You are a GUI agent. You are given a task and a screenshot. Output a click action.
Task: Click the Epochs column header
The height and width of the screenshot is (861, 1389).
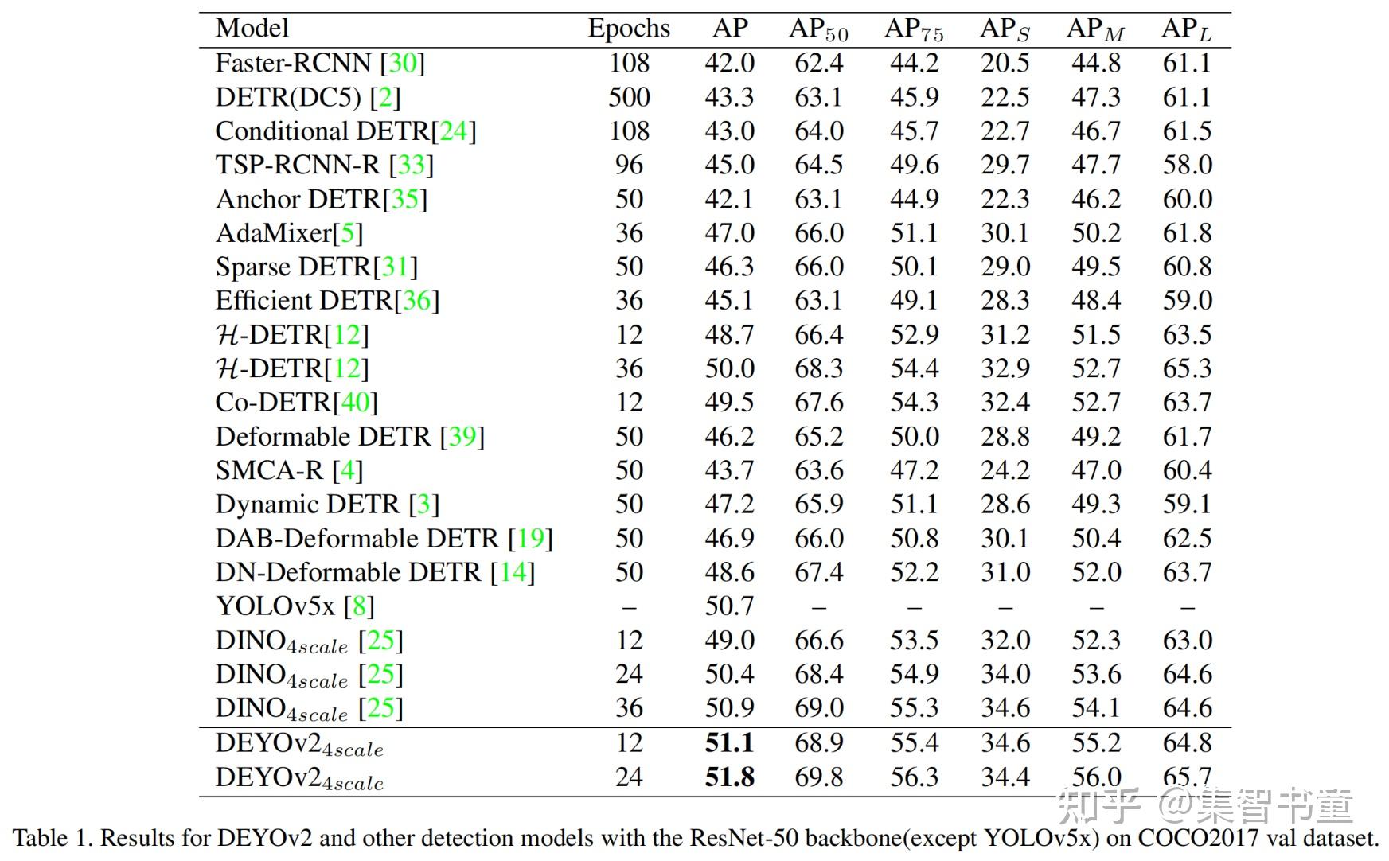click(x=629, y=29)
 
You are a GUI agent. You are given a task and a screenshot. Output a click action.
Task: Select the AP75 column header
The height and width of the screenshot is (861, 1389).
click(x=914, y=30)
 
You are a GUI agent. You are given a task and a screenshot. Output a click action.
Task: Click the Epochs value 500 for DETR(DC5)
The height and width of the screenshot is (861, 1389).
click(x=629, y=97)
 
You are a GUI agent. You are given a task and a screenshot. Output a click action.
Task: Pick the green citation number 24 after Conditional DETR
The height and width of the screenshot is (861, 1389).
click(x=454, y=131)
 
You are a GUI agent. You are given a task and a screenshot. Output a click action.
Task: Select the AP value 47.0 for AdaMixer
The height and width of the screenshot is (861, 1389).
click(x=729, y=233)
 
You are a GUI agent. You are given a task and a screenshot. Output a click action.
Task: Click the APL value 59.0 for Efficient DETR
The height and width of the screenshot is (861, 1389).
click(x=1187, y=301)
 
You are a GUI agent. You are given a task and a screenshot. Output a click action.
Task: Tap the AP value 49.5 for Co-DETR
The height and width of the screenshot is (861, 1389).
click(x=729, y=403)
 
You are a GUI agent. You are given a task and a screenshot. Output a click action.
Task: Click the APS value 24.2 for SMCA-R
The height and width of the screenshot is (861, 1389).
click(x=1005, y=470)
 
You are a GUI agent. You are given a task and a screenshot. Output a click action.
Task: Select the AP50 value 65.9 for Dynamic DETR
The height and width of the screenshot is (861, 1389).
click(x=819, y=505)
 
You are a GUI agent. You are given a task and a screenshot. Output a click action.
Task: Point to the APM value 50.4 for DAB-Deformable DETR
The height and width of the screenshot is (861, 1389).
click(x=1096, y=539)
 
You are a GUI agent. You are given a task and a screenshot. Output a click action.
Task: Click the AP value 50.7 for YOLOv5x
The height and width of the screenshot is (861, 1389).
click(x=729, y=606)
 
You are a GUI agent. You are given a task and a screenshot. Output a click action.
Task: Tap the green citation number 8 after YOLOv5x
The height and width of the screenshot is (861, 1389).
click(x=359, y=606)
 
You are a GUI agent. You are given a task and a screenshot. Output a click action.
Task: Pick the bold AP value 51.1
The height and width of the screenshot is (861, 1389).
click(x=730, y=743)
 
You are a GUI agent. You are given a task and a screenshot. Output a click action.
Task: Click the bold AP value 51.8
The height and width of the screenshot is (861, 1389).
click(x=730, y=777)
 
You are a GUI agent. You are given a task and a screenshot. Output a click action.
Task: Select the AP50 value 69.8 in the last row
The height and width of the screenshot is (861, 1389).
click(x=819, y=777)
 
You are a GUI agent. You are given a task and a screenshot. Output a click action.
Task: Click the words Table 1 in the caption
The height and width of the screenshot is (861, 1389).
click(x=49, y=838)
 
